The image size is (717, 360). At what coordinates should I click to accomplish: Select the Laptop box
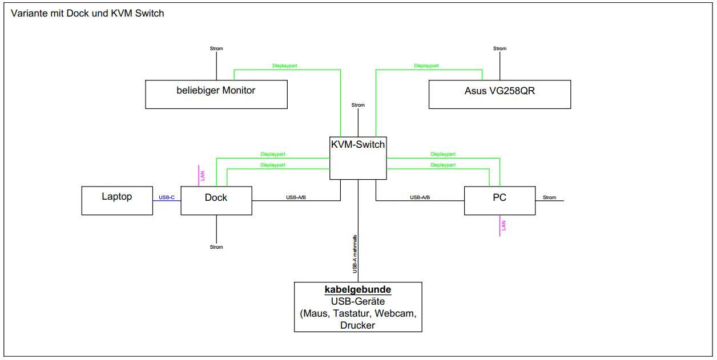coord(117,200)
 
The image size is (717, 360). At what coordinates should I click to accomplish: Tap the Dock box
coord(216,200)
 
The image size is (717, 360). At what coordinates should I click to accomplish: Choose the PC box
coord(500,200)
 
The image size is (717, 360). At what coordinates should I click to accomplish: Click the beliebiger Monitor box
coord(216,94)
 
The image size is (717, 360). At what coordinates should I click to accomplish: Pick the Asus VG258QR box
coord(500,94)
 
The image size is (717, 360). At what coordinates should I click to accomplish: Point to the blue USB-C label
coord(167,197)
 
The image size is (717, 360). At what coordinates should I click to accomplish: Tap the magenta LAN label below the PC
coord(503,225)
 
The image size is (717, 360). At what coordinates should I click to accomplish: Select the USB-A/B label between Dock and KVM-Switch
coord(296,197)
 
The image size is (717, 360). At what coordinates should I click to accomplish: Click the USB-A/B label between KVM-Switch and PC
coord(420,197)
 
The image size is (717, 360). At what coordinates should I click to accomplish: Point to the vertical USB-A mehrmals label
coord(355,254)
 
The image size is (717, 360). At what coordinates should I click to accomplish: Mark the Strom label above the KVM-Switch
coord(358,105)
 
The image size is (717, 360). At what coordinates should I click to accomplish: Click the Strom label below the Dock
coord(216,247)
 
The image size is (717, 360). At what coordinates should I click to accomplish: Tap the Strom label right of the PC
coord(549,197)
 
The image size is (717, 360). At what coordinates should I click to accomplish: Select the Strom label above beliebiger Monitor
coord(216,48)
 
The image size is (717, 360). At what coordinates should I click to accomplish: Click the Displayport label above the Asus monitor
coord(426,66)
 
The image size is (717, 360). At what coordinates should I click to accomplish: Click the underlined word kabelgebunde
coord(358,290)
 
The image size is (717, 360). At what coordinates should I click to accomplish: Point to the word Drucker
coord(358,325)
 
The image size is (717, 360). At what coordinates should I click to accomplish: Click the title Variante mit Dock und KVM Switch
coord(87,13)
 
